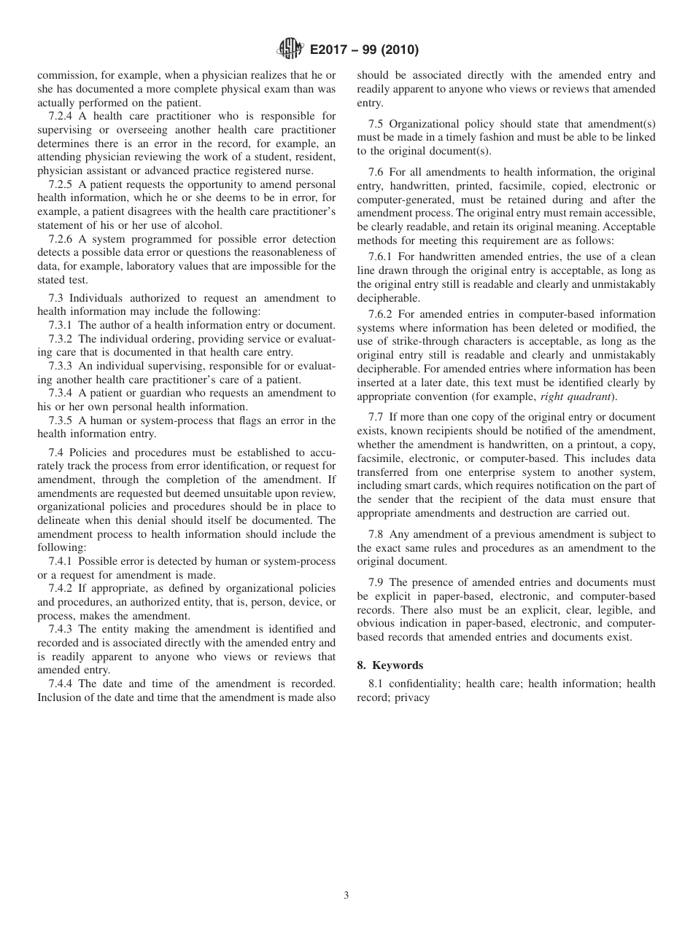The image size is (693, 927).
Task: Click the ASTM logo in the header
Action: click(x=291, y=50)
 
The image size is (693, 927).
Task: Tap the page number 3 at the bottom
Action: click(x=346, y=896)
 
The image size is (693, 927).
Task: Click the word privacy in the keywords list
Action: click(x=412, y=697)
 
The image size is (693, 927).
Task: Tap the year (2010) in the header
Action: click(x=398, y=50)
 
